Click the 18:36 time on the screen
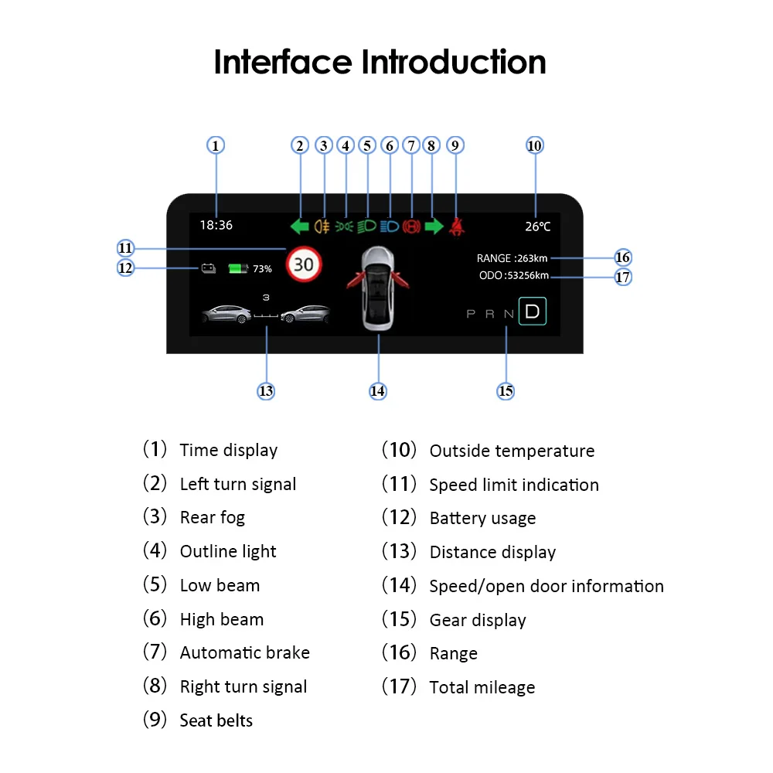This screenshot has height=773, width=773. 216,226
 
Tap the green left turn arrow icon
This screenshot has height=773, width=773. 299,226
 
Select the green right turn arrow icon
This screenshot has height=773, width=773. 434,226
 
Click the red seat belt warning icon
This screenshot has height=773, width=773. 457,226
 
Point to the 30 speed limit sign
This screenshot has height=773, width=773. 303,264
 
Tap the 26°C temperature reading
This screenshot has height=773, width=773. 538,226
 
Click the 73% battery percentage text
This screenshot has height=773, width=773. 262,269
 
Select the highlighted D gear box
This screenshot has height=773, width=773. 532,312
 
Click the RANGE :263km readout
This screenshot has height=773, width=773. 512,258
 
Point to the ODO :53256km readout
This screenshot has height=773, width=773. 514,276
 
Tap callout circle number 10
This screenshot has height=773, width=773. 534,145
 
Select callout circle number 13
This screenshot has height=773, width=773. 266,391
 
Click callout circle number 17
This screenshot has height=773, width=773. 623,277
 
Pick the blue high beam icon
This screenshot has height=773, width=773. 389,226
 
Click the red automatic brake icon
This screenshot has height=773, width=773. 411,226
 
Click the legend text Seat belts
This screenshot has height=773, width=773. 216,720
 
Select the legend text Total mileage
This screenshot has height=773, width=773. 482,687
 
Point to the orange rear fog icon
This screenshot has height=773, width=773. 322,226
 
